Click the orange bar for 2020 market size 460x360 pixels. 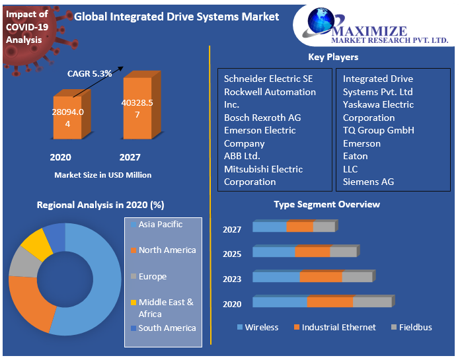click(67, 119)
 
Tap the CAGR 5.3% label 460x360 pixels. click(89, 73)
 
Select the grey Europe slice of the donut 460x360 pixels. click(24, 262)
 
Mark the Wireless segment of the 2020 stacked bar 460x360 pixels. click(280, 303)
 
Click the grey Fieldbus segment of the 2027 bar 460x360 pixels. click(324, 227)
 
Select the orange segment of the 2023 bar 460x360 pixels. click(321, 277)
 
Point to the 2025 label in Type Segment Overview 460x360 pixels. click(232, 254)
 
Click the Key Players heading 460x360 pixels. click(333, 57)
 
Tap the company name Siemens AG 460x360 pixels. click(369, 182)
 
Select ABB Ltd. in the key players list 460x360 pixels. click(242, 156)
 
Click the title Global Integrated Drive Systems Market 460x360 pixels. click(176, 17)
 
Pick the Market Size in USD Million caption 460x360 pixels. click(102, 175)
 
